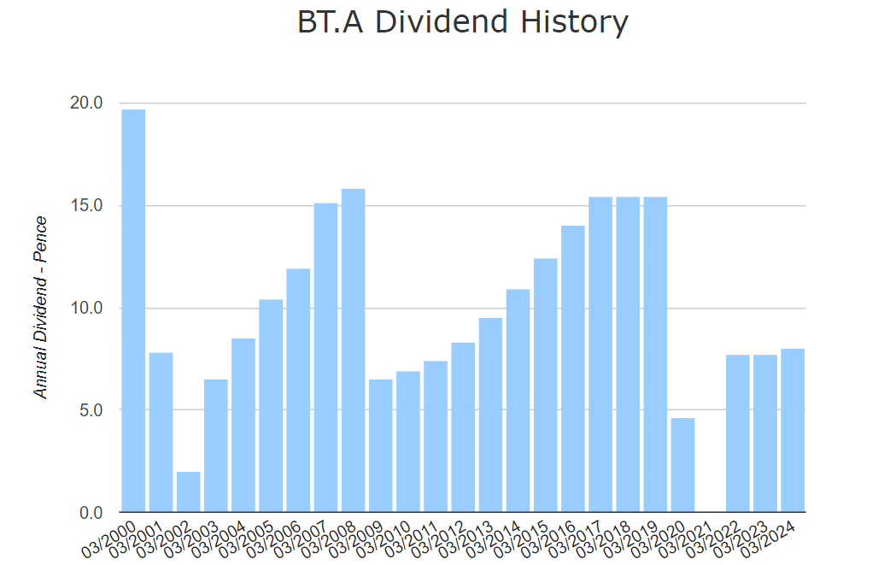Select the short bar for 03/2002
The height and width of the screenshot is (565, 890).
(188, 491)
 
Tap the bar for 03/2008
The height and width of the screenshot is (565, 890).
(353, 350)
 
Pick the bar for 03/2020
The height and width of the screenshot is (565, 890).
(682, 465)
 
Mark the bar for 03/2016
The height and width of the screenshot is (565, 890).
(572, 368)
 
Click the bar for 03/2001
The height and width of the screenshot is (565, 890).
(161, 433)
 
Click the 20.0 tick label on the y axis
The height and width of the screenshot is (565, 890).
(85, 103)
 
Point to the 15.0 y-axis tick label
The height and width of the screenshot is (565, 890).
(85, 206)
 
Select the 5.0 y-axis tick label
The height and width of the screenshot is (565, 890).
(89, 410)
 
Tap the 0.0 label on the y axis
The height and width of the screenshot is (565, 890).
(89, 513)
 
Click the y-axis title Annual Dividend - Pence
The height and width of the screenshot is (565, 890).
(40, 307)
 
